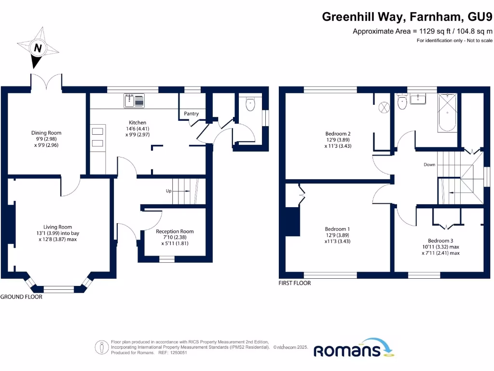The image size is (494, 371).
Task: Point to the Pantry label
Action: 192,114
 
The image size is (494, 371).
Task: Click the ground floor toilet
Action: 250,103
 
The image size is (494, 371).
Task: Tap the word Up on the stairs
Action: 169,191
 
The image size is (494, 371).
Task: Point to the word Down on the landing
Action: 429,165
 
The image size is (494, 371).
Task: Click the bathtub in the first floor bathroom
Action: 447,113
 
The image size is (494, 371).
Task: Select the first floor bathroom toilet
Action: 401,101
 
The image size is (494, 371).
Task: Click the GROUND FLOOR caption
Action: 21,297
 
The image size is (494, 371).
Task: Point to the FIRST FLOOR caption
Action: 295,283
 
